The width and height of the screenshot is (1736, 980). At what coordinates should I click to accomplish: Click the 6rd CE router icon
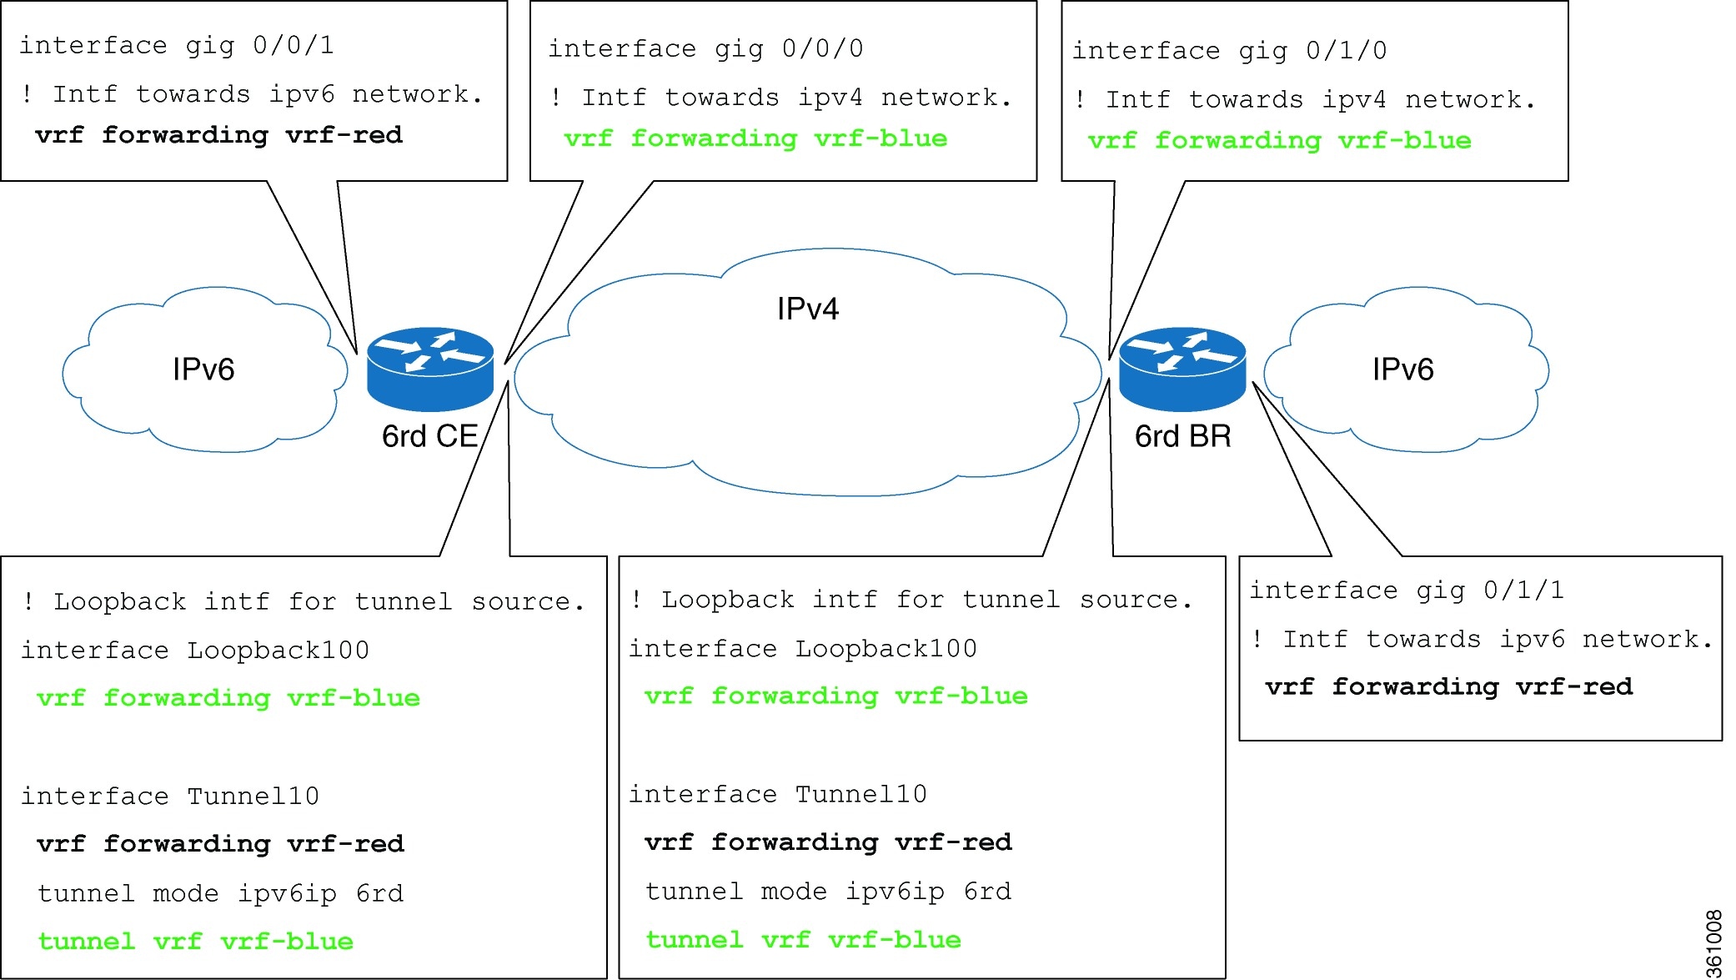(x=430, y=369)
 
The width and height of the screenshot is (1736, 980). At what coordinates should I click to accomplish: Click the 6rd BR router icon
(x=1182, y=369)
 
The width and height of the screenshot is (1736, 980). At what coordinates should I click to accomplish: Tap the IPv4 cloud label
(x=807, y=309)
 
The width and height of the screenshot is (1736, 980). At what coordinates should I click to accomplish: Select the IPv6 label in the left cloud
(x=203, y=369)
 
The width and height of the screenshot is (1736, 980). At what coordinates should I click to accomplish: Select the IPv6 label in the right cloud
(x=1403, y=369)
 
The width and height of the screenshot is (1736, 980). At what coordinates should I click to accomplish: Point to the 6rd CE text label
(x=430, y=436)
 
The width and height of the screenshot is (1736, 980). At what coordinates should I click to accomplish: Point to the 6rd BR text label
(x=1183, y=436)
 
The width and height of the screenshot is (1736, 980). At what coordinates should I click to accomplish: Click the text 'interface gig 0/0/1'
(x=177, y=45)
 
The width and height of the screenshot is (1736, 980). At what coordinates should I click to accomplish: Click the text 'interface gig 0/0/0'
(x=705, y=48)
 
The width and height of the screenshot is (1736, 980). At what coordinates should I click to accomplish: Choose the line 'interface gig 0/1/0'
(x=1230, y=51)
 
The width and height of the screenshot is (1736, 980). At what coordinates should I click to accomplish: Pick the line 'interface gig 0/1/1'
(x=1407, y=591)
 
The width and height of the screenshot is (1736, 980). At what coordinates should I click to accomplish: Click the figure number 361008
(x=1713, y=943)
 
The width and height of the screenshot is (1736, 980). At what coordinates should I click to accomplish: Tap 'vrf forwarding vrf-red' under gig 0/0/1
(x=219, y=135)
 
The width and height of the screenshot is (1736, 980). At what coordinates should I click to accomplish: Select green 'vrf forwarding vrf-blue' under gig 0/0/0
(x=756, y=138)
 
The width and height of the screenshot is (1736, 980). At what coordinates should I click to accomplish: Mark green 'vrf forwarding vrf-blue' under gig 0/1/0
(x=1280, y=141)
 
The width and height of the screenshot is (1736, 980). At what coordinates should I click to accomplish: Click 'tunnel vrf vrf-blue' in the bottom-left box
(x=196, y=942)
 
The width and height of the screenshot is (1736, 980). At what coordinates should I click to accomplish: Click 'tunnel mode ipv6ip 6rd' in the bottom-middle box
(x=829, y=892)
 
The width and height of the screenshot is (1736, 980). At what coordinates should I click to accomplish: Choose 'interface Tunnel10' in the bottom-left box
(x=170, y=797)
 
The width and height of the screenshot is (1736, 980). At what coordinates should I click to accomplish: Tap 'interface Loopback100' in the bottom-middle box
(x=803, y=649)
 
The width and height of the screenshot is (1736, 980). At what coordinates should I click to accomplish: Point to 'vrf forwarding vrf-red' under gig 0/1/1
(x=1449, y=687)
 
